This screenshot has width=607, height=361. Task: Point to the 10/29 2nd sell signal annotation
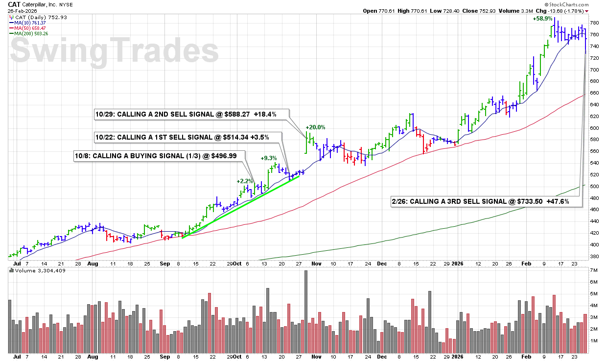click(x=192, y=115)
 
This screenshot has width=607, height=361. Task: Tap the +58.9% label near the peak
click(x=542, y=19)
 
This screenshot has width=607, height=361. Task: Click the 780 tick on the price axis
click(x=594, y=23)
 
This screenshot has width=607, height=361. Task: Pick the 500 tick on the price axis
click(x=594, y=187)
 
